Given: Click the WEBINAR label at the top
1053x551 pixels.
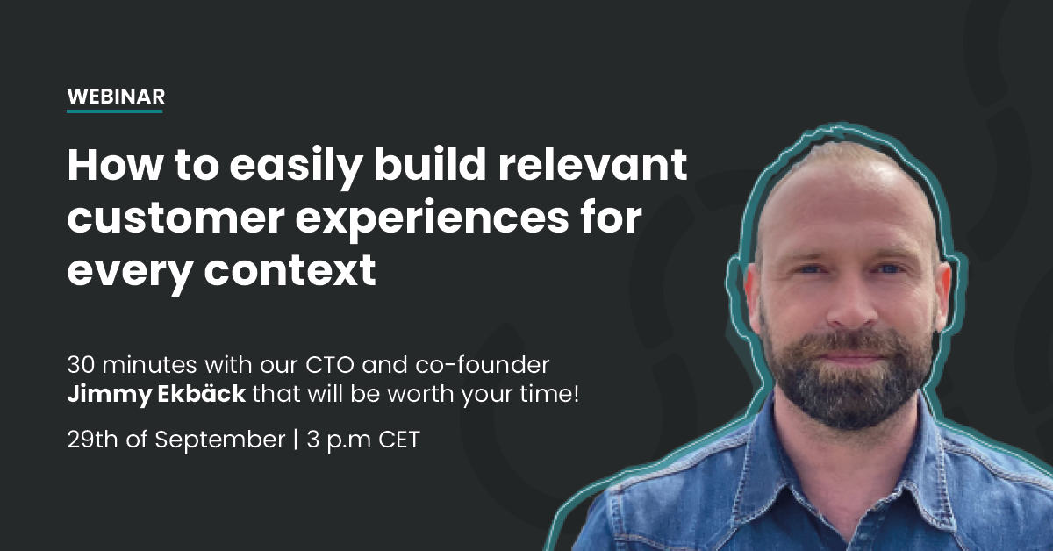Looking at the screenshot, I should click(x=115, y=97).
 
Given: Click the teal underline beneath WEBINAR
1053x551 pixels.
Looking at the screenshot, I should click(x=115, y=111).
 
